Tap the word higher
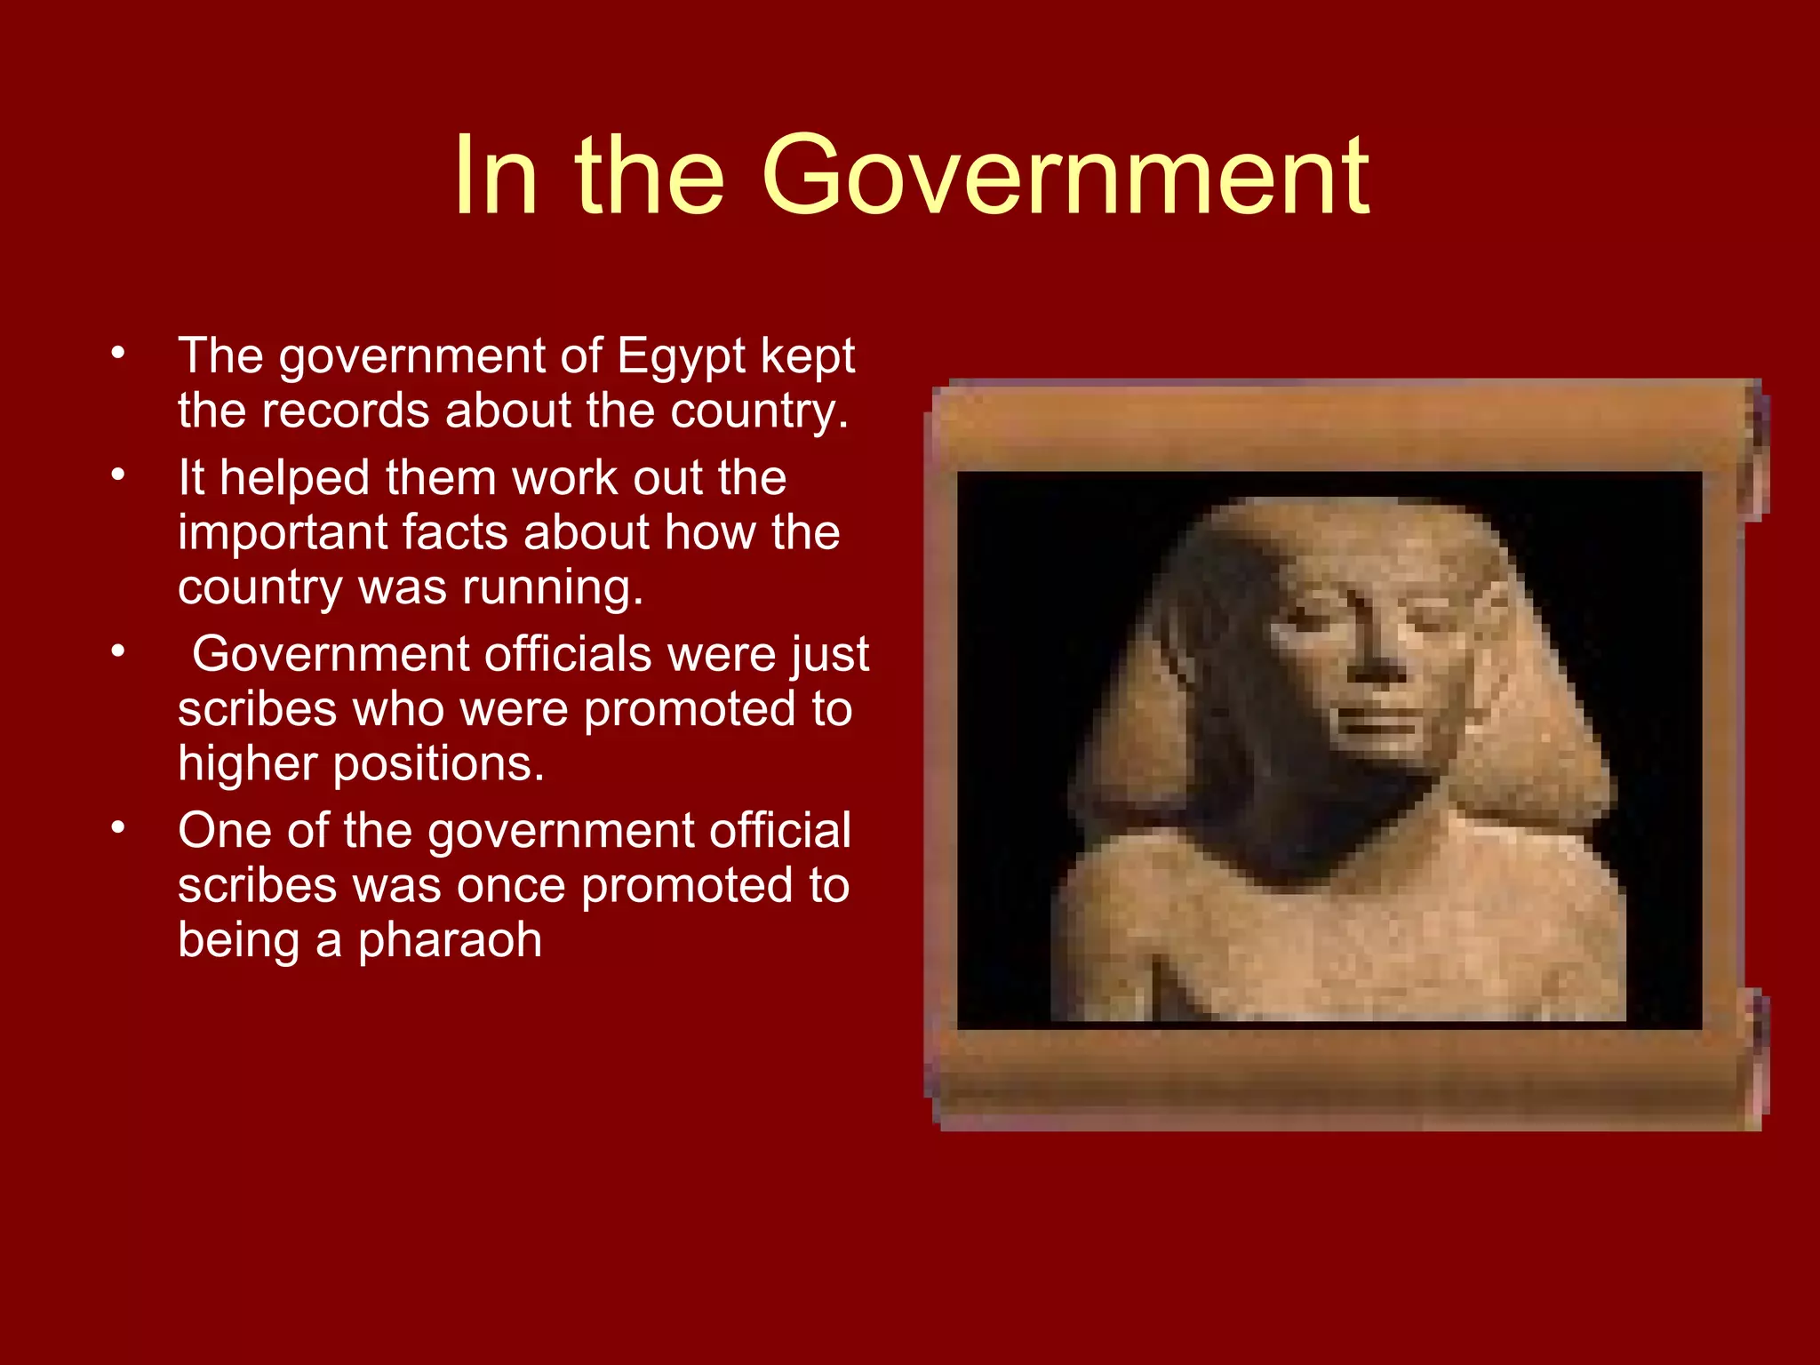click(x=248, y=764)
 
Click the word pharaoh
click(x=450, y=940)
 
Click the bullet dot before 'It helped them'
click(x=118, y=475)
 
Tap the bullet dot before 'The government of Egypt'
click(x=118, y=354)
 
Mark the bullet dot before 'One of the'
click(x=118, y=828)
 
